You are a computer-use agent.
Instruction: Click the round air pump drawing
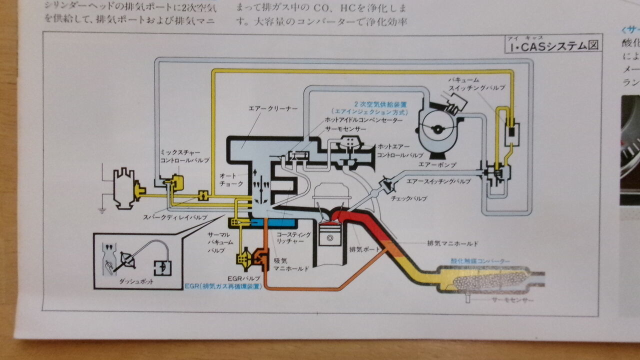click(438, 128)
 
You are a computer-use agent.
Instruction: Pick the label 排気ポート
click(364, 248)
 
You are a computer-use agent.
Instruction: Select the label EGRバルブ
click(243, 276)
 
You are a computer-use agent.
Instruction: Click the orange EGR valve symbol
click(261, 256)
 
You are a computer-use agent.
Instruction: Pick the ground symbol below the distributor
click(101, 211)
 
